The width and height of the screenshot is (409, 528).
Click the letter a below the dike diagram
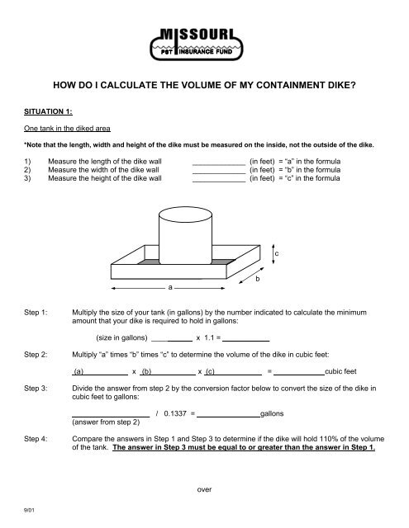(169, 289)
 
